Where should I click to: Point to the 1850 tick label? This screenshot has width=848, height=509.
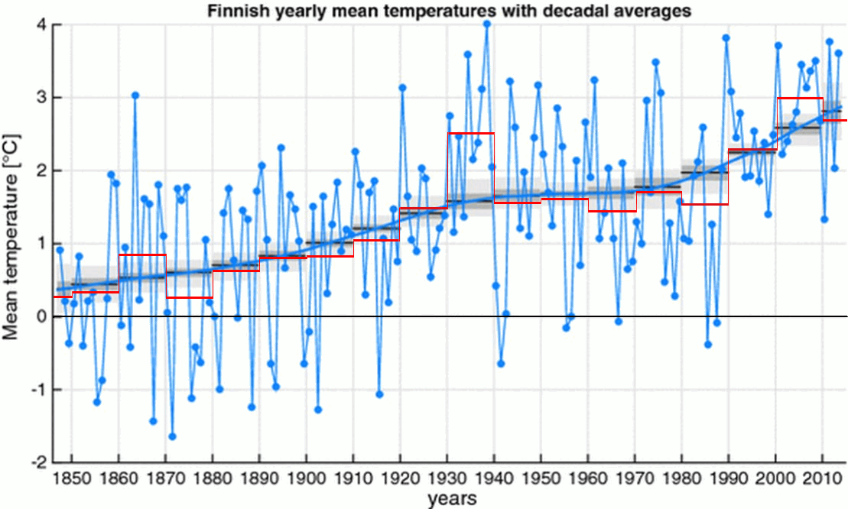click(72, 479)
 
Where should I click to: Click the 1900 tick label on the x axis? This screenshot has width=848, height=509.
click(307, 479)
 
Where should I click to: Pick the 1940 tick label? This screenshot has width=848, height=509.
click(495, 479)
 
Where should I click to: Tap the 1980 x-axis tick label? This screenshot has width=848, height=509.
click(682, 479)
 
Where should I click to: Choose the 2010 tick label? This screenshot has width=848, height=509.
click(823, 479)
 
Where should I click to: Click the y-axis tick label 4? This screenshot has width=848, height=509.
click(44, 24)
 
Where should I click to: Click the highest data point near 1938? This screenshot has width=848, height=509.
click(486, 24)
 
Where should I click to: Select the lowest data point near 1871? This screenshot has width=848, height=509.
click(172, 436)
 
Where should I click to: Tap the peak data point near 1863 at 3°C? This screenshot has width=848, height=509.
click(135, 96)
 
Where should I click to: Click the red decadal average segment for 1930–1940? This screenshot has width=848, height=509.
click(470, 134)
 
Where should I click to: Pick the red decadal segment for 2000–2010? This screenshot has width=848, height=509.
click(799, 99)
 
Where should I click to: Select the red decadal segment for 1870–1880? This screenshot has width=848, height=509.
click(190, 297)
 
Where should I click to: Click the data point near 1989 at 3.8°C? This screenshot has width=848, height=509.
click(726, 37)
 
